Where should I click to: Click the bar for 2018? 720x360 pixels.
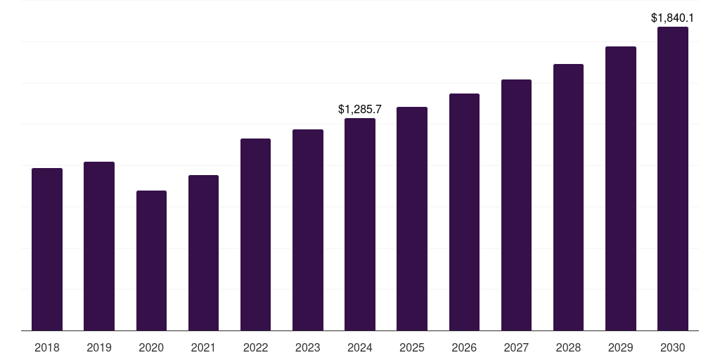[47, 250]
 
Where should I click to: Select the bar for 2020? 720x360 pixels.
[151, 261]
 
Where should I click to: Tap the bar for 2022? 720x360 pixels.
[255, 235]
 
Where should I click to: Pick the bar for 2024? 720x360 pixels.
[360, 224]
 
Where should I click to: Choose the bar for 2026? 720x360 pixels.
[464, 212]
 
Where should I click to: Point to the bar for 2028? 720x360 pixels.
[568, 198]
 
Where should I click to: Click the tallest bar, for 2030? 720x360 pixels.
[673, 179]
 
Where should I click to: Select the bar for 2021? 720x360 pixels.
[203, 253]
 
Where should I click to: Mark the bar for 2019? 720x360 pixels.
[99, 246]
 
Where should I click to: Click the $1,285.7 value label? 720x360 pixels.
[360, 109]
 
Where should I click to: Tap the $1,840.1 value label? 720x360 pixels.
[673, 18]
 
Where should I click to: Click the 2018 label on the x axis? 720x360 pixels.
[47, 347]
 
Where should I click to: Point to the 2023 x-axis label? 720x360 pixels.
[308, 347]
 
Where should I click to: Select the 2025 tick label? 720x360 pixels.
[412, 347]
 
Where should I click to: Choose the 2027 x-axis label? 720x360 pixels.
[516, 347]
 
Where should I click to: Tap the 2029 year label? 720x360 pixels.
[621, 347]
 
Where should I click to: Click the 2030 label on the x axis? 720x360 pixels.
[673, 347]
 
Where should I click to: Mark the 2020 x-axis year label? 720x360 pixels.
[151, 347]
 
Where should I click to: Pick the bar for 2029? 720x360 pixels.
[621, 188]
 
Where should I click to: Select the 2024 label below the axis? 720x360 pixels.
[360, 347]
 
